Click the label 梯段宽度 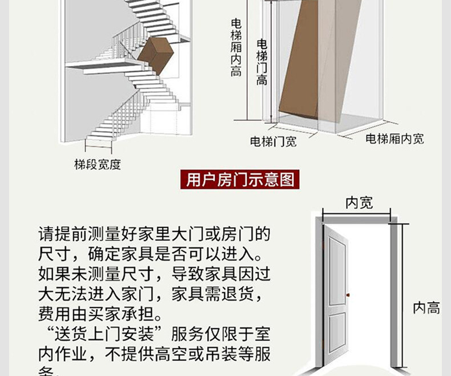(x=98, y=165)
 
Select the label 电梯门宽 (x=273, y=141)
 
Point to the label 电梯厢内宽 (x=394, y=138)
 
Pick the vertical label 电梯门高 (x=261, y=62)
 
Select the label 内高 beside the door (x=426, y=308)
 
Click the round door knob (x=348, y=295)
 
